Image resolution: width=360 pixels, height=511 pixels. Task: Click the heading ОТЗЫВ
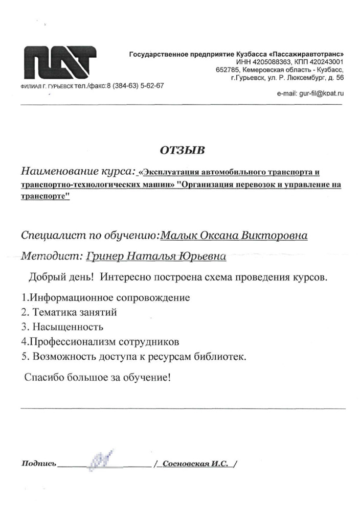click(x=182, y=150)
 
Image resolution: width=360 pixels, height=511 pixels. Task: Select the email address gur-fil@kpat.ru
click(x=310, y=94)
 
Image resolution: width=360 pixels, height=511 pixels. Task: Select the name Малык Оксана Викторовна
click(x=234, y=236)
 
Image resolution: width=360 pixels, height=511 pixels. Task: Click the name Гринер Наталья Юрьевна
click(x=156, y=257)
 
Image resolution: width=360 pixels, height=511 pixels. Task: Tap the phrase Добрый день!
click(x=60, y=277)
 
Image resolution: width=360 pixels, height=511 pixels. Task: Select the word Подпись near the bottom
click(x=37, y=463)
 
